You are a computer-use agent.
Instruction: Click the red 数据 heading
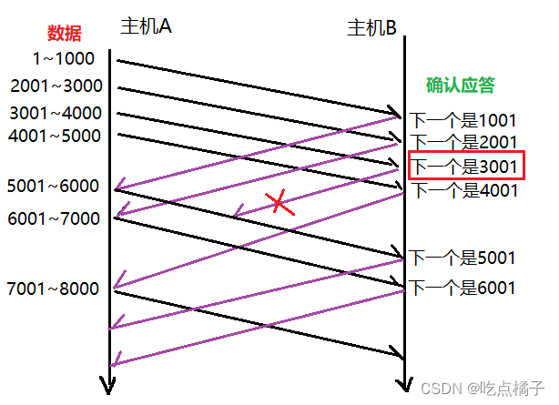65,35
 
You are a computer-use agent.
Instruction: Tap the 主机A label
146,26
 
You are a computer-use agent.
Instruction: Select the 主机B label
371,28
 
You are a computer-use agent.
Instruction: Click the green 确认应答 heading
462,86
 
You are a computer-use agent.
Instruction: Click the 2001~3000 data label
56,86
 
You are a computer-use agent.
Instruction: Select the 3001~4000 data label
56,114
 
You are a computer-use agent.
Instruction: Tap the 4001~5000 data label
56,137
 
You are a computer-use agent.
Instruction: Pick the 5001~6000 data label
52,186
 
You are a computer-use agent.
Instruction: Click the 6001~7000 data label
52,218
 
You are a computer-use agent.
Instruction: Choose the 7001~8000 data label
52,289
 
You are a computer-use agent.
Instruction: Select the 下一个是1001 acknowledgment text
463,119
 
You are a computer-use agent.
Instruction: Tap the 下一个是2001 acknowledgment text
463,142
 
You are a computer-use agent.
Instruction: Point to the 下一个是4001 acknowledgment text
463,190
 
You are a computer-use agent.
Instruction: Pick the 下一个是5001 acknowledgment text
463,258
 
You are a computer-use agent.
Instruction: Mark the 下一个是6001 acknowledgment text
463,289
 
